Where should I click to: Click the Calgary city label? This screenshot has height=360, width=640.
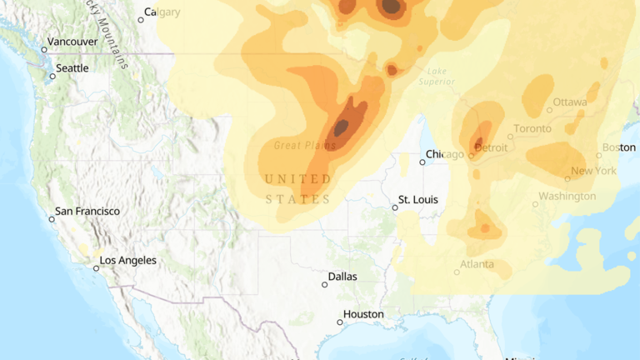(x=162, y=12)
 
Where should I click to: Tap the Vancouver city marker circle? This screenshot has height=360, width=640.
(x=44, y=50)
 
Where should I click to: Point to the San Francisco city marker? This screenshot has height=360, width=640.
(x=52, y=219)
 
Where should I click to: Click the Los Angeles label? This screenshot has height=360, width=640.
(x=127, y=261)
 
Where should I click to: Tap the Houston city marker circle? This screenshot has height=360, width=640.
(x=340, y=322)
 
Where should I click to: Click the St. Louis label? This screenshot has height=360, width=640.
(x=417, y=200)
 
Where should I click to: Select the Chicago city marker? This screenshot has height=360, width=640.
(x=422, y=162)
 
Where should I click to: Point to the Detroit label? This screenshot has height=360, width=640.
(x=491, y=147)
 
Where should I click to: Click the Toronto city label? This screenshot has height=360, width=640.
(x=532, y=128)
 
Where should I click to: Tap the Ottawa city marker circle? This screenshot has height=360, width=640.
(x=549, y=110)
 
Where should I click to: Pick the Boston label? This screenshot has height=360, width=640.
(x=618, y=147)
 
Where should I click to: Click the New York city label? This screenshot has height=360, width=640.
(x=593, y=171)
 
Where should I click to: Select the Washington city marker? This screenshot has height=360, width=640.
(x=536, y=204)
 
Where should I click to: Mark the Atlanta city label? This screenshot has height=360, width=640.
(x=477, y=265)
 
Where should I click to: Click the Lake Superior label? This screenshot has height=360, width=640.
(x=437, y=76)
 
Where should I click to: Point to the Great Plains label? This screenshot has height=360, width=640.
(x=305, y=145)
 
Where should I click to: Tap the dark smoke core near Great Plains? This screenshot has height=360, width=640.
(x=342, y=127)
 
